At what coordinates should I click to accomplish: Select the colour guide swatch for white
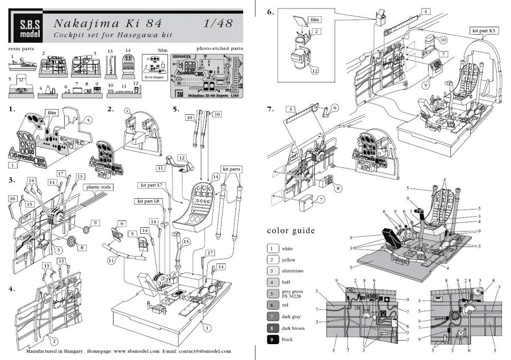pos(274,249)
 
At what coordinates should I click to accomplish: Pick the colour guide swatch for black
pos(274,340)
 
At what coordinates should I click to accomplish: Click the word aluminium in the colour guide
pos(300,271)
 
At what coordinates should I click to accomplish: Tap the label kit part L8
pos(148,202)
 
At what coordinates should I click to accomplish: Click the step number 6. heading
pos(271,12)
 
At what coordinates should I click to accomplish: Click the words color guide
pos(290,231)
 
